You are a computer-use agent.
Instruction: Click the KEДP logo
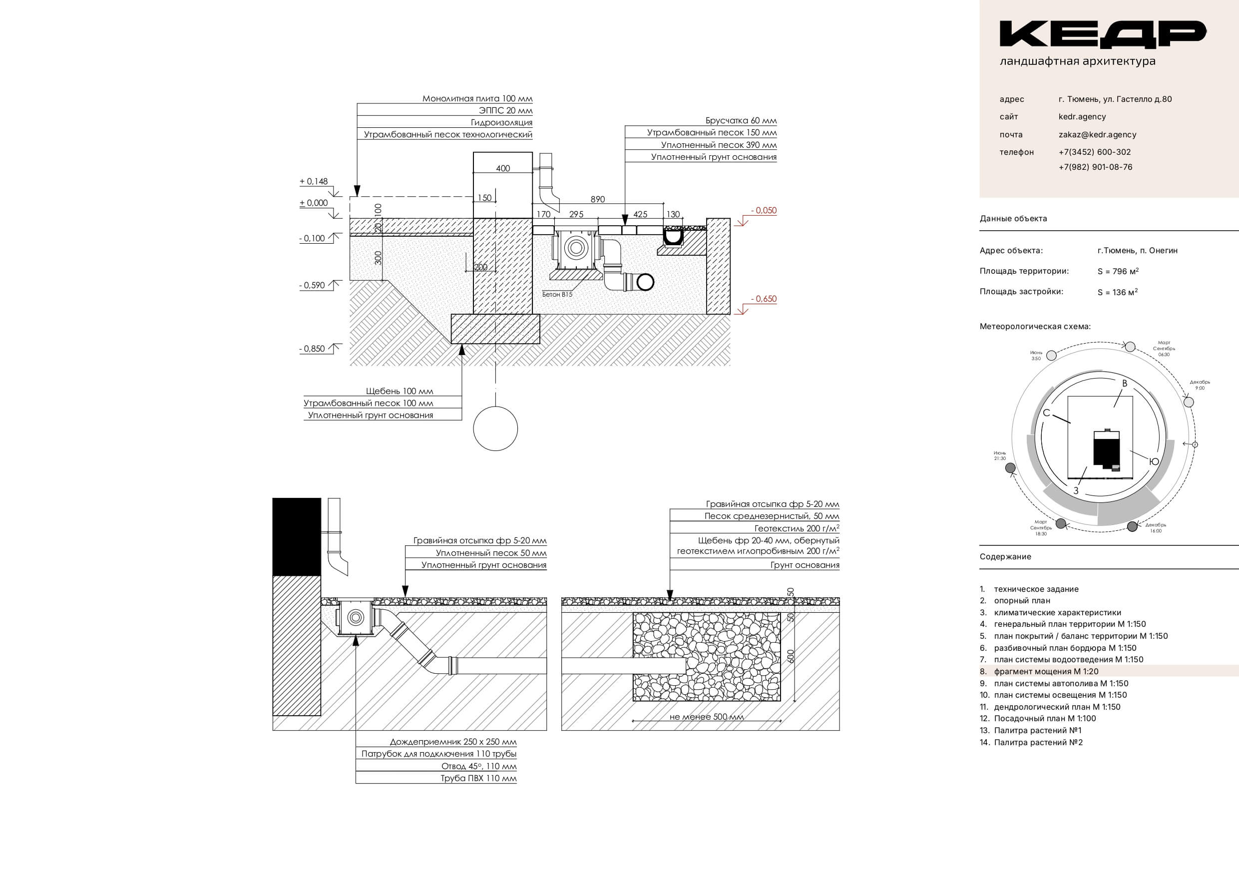click(x=1102, y=34)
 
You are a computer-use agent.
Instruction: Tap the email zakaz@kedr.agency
click(x=1097, y=135)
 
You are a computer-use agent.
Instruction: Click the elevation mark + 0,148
click(x=314, y=182)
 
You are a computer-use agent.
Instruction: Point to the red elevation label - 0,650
click(x=764, y=299)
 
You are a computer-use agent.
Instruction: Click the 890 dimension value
click(x=597, y=199)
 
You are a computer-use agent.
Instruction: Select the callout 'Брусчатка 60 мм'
click(x=741, y=121)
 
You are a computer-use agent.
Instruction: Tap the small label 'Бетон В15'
click(x=557, y=295)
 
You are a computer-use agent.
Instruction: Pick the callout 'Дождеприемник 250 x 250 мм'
click(x=453, y=742)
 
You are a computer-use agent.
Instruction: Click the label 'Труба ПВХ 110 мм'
click(x=478, y=778)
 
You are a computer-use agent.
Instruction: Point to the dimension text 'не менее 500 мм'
click(x=706, y=717)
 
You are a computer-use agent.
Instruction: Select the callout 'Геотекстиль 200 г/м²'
click(x=797, y=528)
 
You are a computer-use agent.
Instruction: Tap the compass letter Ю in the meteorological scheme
click(x=1154, y=461)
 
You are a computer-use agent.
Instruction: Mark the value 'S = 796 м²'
click(x=1118, y=272)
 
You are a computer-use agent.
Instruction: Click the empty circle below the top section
click(x=495, y=429)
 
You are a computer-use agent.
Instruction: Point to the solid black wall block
click(x=296, y=536)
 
